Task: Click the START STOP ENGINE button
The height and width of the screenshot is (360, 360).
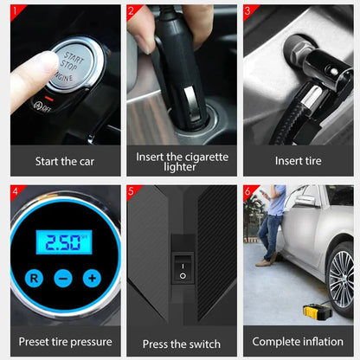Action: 75,65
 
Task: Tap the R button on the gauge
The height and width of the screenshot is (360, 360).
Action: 34,279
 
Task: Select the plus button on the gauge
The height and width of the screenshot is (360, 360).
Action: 92,278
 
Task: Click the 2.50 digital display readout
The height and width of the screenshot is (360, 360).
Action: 64,242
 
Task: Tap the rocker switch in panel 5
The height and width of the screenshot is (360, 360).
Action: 183,267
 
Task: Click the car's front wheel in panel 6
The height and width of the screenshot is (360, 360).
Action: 342,280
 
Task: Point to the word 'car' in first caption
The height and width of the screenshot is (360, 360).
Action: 87,162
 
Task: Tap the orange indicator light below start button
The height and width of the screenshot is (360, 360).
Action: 49,99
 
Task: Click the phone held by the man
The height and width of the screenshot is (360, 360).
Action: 263,192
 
